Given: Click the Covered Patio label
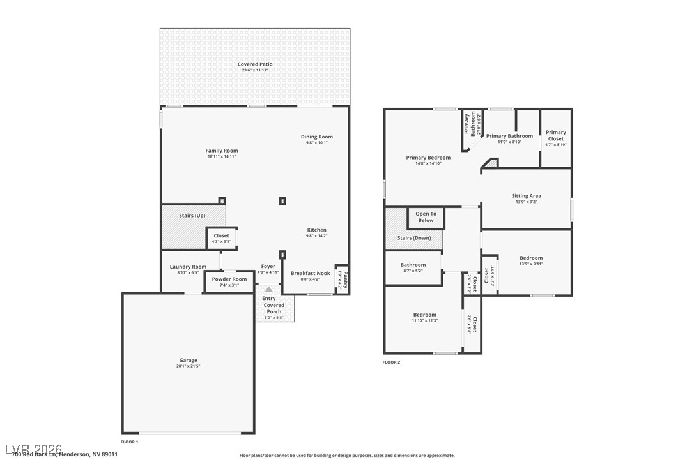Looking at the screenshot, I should (255, 64).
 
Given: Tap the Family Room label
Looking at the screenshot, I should (222, 151).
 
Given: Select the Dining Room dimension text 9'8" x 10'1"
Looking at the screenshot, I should (317, 143).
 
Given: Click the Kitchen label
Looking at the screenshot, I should (316, 230).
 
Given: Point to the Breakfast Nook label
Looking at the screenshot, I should (310, 273).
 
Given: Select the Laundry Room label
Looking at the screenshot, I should (188, 267).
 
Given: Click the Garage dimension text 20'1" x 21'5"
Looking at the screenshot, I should (188, 366).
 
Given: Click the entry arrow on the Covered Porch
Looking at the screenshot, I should (269, 289).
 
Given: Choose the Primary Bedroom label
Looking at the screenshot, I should (428, 158).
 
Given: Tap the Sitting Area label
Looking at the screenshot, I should (526, 196).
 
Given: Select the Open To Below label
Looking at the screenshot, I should (426, 217).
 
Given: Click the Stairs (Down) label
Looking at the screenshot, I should (414, 238).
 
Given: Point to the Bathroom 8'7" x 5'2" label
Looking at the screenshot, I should (413, 265).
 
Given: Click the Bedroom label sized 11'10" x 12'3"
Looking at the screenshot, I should (424, 315).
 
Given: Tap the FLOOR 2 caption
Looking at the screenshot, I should (391, 362).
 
